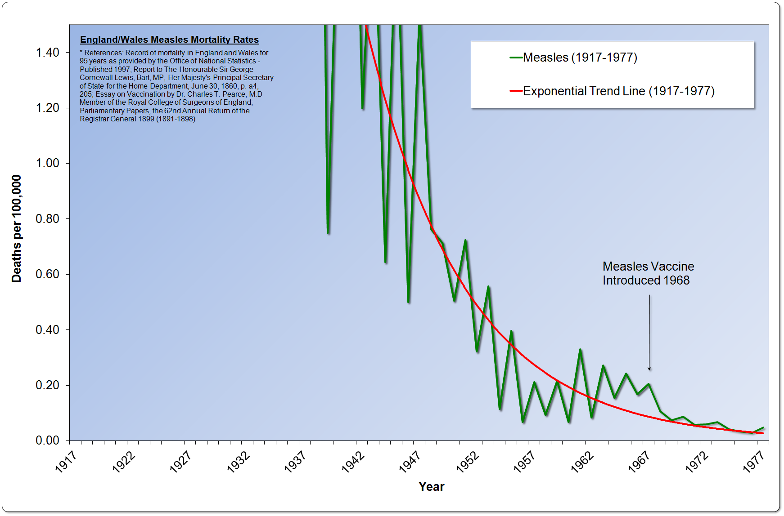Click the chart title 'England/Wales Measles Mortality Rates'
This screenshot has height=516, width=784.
pyautogui.click(x=169, y=40)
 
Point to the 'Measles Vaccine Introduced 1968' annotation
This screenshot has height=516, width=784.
pyautogui.click(x=648, y=273)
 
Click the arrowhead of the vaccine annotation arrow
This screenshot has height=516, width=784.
pyautogui.click(x=649, y=369)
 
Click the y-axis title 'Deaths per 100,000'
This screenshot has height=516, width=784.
pyautogui.click(x=16, y=228)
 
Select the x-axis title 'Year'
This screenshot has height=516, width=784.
pyautogui.click(x=431, y=486)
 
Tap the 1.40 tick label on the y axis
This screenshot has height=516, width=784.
pyautogui.click(x=47, y=53)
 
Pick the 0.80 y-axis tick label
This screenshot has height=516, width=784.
pyautogui.click(x=47, y=219)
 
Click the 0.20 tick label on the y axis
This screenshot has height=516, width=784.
pyautogui.click(x=47, y=385)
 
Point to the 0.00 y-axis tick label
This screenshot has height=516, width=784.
pyautogui.click(x=47, y=440)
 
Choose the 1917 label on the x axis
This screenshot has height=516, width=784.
pyautogui.click(x=66, y=462)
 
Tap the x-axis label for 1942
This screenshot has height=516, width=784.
pyautogui.click(x=352, y=462)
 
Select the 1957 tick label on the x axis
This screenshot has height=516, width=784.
pyautogui.click(x=524, y=462)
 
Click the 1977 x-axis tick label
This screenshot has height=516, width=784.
pyautogui.click(x=754, y=462)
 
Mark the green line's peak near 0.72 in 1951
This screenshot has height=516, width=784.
pyautogui.click(x=465, y=240)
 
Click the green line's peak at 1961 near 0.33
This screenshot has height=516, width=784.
pyautogui.click(x=580, y=349)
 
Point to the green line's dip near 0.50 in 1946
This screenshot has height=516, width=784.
pyautogui.click(x=408, y=302)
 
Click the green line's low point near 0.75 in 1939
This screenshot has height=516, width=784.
pyautogui.click(x=328, y=233)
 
